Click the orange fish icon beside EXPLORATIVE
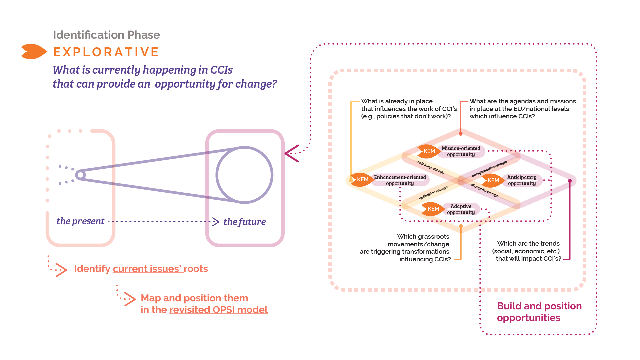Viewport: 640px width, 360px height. coord(33,51)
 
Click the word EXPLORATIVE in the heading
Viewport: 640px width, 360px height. coord(106,52)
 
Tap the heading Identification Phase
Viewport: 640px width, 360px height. coord(106,35)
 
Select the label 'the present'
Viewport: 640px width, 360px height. coord(80,221)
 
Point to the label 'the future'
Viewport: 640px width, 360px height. coord(244,222)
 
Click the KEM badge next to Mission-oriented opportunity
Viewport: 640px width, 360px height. coord(428,151)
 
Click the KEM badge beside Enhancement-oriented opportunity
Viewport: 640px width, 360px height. coord(362,179)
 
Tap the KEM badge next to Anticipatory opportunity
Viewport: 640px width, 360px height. coord(493,180)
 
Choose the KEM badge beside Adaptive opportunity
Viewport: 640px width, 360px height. coord(433,209)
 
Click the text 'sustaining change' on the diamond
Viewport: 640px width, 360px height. coord(430,167)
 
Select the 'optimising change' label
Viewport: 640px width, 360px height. coord(433,193)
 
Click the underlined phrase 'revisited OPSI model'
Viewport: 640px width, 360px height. coord(218,310)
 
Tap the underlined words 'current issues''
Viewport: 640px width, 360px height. coord(148,269)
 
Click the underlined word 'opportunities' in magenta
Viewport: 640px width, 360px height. coord(528,318)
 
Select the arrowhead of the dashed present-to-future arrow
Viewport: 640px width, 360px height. coord(216,222)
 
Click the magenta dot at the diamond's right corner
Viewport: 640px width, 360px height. coord(570,181)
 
